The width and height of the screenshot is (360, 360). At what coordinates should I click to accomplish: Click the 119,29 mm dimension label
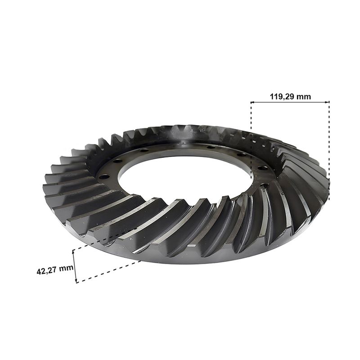click(x=290, y=96)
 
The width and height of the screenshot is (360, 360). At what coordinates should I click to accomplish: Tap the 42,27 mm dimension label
click(x=55, y=270)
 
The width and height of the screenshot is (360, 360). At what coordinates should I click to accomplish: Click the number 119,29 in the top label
click(x=282, y=96)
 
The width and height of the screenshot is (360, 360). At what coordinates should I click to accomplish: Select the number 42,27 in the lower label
click(x=47, y=271)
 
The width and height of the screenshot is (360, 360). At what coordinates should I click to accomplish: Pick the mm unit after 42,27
click(x=66, y=268)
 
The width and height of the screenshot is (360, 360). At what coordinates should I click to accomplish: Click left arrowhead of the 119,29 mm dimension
click(x=252, y=102)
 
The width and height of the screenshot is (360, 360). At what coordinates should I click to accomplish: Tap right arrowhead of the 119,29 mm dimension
click(x=328, y=102)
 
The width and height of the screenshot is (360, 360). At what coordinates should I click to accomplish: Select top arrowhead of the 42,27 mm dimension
click(x=73, y=252)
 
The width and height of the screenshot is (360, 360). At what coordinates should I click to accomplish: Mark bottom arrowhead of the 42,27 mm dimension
click(x=76, y=280)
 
